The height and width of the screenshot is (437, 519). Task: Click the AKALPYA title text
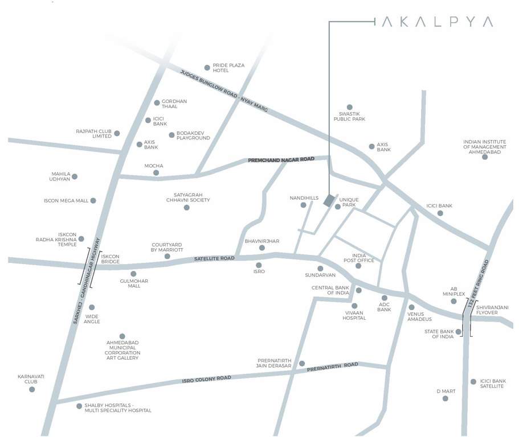click(437, 22)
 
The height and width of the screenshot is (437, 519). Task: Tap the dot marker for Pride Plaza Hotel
click(207, 68)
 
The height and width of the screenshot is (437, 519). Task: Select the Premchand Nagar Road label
click(281, 160)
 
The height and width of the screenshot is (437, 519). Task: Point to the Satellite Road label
click(214, 258)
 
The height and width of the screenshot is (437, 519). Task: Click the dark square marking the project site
click(328, 201)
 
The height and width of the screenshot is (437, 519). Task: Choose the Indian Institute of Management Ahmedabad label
click(485, 147)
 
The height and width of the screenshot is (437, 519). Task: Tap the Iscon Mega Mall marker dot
click(93, 200)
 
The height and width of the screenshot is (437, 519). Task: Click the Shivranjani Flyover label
click(492, 310)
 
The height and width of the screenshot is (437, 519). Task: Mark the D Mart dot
click(446, 398)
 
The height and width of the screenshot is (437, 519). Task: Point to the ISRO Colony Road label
click(206, 378)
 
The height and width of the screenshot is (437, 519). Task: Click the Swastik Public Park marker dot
click(349, 107)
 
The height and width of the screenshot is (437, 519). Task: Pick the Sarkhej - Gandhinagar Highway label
click(87, 281)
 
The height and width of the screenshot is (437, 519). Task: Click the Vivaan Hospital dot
click(354, 306)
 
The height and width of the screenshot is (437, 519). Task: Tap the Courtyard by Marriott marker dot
click(167, 257)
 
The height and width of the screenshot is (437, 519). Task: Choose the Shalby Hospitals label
click(118, 407)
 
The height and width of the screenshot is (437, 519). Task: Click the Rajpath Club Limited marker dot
click(117, 133)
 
